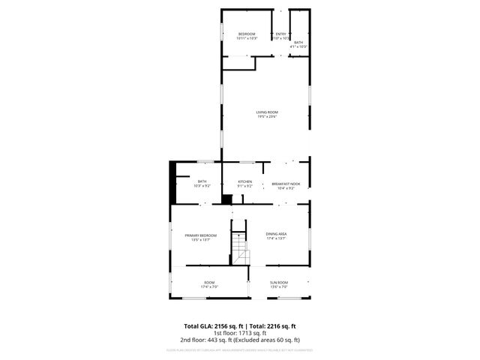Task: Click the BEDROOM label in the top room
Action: [x=247, y=34]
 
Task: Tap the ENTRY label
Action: [x=280, y=34]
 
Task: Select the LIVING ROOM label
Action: [x=266, y=112]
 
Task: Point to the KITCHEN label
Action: [x=245, y=181]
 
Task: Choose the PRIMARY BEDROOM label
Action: [x=201, y=235]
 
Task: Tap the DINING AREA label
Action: [x=276, y=234]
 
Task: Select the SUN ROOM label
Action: [x=278, y=283]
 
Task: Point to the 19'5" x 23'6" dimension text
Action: [x=266, y=117]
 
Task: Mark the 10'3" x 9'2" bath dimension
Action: [x=202, y=185]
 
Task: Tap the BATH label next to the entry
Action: [x=298, y=43]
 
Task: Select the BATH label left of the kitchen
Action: [x=202, y=181]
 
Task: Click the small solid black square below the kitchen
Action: [x=226, y=199]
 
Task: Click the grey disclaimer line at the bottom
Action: [x=239, y=349]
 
